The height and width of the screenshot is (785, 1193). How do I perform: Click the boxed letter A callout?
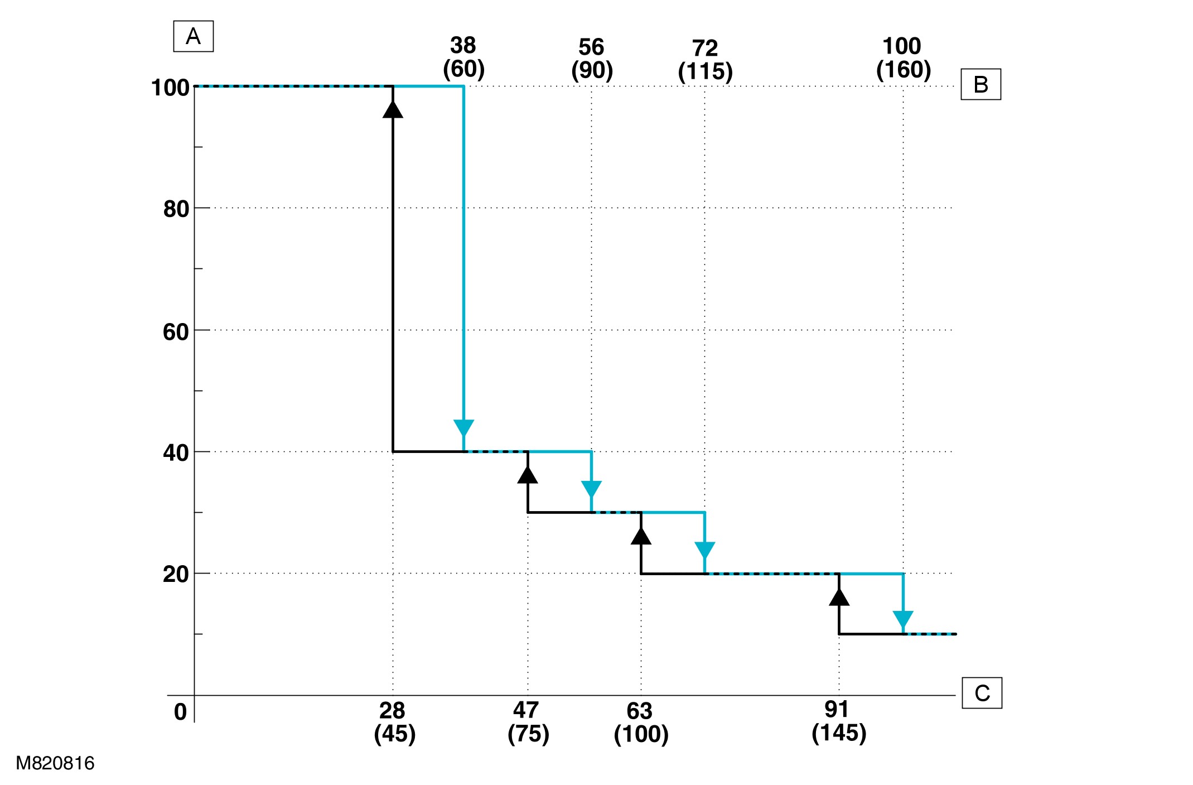193,36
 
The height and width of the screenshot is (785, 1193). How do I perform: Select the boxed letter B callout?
981,84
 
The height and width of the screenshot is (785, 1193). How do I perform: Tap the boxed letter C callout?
982,693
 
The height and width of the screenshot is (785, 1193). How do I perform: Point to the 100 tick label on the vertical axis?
170,88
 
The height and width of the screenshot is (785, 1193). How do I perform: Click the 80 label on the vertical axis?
176,209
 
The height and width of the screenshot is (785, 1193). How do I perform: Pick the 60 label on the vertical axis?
176,332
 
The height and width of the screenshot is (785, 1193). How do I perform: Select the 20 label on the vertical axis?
176,574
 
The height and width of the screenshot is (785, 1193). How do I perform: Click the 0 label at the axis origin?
180,712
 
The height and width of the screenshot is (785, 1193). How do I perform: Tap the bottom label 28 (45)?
394,722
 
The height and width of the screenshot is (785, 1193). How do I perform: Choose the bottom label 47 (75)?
528,722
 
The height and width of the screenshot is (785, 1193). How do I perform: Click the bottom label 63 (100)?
641,723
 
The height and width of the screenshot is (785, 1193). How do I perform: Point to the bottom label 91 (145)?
838,721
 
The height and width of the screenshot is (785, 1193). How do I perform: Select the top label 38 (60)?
463,57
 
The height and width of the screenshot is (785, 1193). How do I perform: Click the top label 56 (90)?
592,59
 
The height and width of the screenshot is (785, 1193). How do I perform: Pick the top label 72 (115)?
705,60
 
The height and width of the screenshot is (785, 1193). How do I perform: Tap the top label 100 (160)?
903,57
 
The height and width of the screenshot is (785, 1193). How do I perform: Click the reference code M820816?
55,763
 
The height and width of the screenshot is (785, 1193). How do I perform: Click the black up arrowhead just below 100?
393,109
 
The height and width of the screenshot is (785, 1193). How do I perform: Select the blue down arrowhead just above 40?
463,428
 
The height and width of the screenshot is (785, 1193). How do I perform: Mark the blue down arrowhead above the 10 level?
903,620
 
